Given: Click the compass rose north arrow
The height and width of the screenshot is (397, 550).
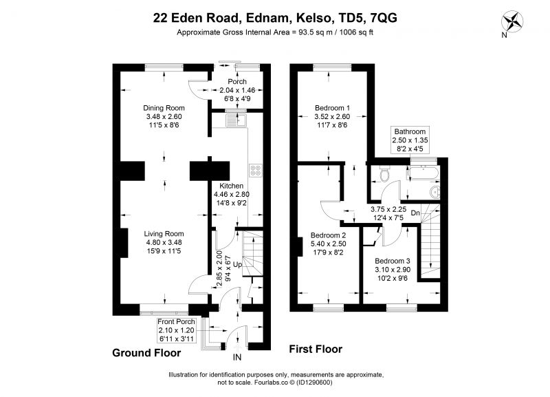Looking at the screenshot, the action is [512, 22].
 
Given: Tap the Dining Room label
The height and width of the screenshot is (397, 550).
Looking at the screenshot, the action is [164, 108].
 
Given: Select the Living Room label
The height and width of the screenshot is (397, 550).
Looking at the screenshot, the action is [164, 234].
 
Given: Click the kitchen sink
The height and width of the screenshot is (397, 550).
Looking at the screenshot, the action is [236, 120].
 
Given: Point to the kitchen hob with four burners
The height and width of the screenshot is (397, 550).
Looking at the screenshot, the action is [256, 170].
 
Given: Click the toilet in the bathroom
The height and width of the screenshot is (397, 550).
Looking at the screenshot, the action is [384, 175].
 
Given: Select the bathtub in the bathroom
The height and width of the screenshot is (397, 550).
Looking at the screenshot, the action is [422, 174].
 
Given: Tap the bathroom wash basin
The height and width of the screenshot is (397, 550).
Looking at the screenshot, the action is [435, 193].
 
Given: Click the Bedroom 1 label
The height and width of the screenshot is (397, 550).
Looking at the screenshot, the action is [332, 108].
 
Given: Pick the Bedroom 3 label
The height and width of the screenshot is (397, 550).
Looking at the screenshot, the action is [393, 261].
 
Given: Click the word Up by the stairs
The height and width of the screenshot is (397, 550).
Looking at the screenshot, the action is [237, 265].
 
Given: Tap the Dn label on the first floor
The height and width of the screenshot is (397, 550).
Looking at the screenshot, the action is [415, 213].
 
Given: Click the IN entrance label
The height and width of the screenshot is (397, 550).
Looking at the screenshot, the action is [237, 357].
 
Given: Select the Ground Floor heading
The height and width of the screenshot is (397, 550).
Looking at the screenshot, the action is [146, 353].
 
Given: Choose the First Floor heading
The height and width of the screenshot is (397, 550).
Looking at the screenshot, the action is [316, 349].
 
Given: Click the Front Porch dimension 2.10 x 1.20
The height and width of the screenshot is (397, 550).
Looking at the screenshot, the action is [176, 330].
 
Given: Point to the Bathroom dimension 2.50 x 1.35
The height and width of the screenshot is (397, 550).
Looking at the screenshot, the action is [410, 140].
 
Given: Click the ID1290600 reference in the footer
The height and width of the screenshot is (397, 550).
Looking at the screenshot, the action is [314, 383].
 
